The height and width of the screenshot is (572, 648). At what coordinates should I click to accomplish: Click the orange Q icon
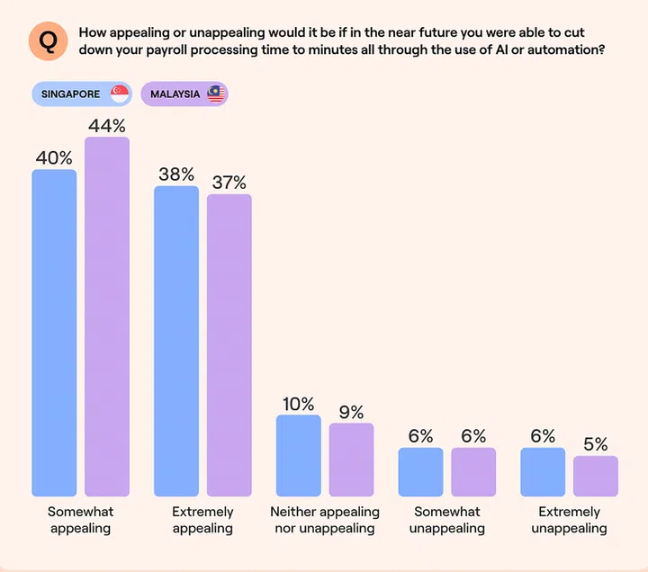point(49,40)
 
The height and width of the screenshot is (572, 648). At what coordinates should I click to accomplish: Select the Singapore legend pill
point(82,94)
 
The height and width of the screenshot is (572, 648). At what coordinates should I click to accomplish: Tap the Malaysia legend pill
point(184,94)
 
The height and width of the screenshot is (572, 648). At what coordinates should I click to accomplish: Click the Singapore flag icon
point(119,94)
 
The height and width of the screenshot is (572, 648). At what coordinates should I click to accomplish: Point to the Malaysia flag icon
point(215,94)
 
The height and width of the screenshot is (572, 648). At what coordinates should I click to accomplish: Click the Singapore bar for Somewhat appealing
point(54,333)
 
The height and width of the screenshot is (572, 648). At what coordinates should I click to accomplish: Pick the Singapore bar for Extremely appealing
point(176,341)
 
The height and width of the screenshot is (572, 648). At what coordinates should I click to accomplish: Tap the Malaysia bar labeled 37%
point(229,345)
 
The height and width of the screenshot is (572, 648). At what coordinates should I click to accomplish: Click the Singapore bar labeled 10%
point(298,455)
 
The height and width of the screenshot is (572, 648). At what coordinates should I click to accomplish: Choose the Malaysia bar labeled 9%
point(351,460)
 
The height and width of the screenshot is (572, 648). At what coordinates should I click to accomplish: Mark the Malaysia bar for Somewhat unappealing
point(473,472)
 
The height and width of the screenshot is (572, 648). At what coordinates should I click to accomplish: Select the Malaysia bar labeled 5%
point(596,476)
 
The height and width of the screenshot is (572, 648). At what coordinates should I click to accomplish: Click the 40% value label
point(54,158)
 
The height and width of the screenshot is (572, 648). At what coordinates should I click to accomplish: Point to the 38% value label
point(176,175)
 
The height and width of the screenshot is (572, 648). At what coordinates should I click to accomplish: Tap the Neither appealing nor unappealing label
point(325,520)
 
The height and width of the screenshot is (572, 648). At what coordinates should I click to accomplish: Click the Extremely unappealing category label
point(569,520)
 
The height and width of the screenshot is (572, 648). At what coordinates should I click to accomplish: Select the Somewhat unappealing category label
point(447,520)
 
